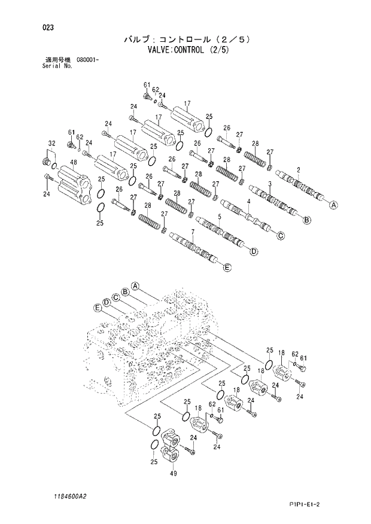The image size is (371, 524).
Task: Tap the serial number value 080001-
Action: [87, 60]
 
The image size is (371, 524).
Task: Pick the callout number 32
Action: [51, 144]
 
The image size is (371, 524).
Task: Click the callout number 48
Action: [72, 163]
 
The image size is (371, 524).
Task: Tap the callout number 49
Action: [174, 473]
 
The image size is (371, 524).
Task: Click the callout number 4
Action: [247, 202]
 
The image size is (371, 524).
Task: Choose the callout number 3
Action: [270, 184]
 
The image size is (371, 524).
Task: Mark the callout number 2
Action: [297, 170]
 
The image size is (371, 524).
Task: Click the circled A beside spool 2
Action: [334, 205]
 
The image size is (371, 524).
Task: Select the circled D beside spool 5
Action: [253, 251]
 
